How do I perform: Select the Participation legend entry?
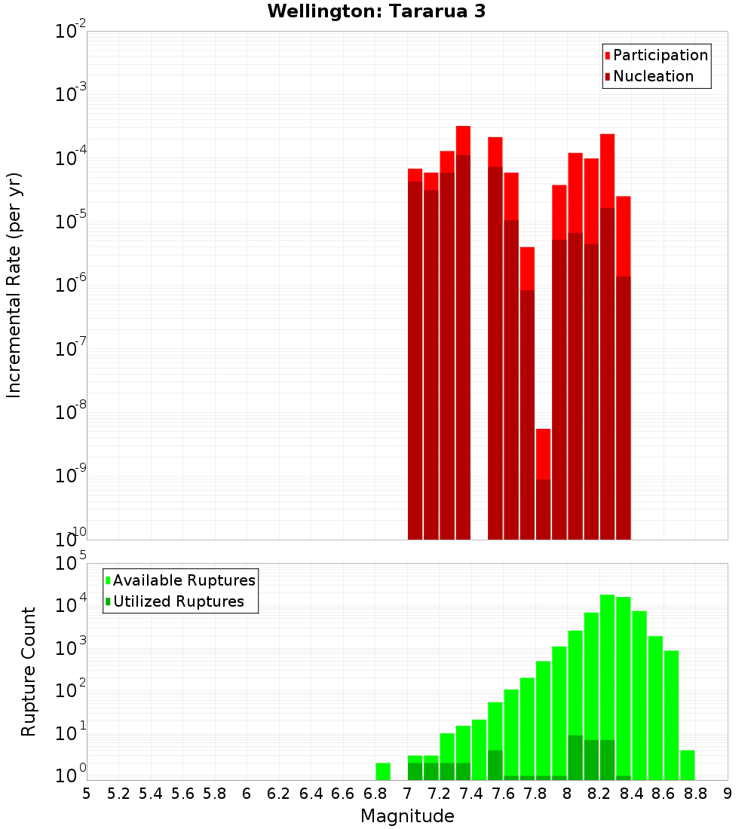(x=660, y=55)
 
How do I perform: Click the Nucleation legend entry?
(x=652, y=76)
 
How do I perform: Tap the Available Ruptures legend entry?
(x=183, y=580)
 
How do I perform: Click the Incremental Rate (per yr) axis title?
(x=14, y=285)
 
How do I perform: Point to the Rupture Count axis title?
(x=29, y=671)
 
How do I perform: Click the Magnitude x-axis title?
(x=407, y=816)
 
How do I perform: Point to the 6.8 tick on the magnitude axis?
(x=375, y=794)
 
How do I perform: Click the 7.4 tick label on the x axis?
(x=471, y=794)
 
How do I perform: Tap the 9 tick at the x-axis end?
(x=728, y=794)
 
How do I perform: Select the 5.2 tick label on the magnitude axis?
(x=118, y=794)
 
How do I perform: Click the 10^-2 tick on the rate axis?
(x=71, y=32)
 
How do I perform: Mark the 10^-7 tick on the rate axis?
(x=71, y=350)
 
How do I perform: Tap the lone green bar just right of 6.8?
(x=383, y=771)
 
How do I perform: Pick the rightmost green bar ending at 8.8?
(x=687, y=765)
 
